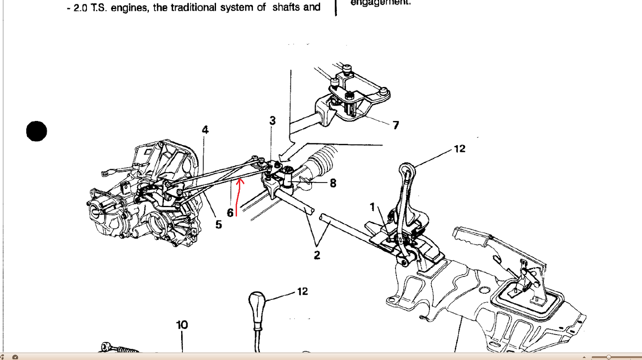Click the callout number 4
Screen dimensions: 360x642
[205, 130]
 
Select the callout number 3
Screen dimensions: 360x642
[272, 121]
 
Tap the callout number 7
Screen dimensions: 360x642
[395, 125]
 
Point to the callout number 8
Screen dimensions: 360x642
[333, 183]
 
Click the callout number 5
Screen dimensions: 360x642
[219, 224]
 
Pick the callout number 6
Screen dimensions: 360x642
[230, 212]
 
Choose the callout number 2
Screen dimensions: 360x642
[317, 255]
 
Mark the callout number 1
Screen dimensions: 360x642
[373, 207]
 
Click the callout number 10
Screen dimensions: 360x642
[182, 325]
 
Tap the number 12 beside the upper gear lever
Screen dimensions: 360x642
[460, 149]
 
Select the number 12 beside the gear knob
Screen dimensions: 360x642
[302, 292]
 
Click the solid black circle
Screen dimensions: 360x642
[37, 131]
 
